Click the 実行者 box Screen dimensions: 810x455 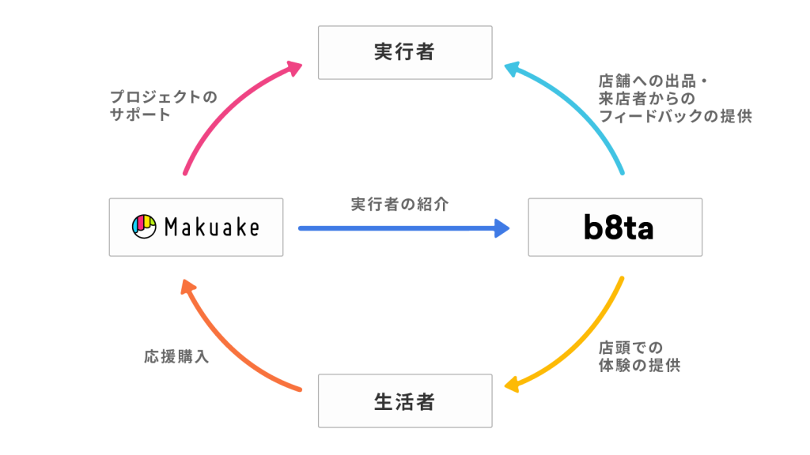[x=405, y=53]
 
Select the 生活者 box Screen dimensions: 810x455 [x=405, y=400]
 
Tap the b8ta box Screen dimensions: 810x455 [x=615, y=227]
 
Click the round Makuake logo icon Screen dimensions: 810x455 [x=144, y=227]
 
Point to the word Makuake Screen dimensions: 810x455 [x=212, y=227]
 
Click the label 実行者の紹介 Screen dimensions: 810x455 [x=399, y=205]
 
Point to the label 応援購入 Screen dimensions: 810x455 [x=176, y=356]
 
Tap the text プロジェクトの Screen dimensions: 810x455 [x=164, y=96]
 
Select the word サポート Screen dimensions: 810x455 [x=140, y=115]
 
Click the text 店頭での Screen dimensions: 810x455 [x=630, y=348]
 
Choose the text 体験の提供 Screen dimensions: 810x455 [x=639, y=365]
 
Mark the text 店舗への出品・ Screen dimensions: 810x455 [x=653, y=81]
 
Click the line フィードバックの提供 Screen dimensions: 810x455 [x=676, y=116]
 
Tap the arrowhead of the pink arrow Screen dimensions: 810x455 [x=294, y=68]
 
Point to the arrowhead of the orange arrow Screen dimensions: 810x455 [x=188, y=287]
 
